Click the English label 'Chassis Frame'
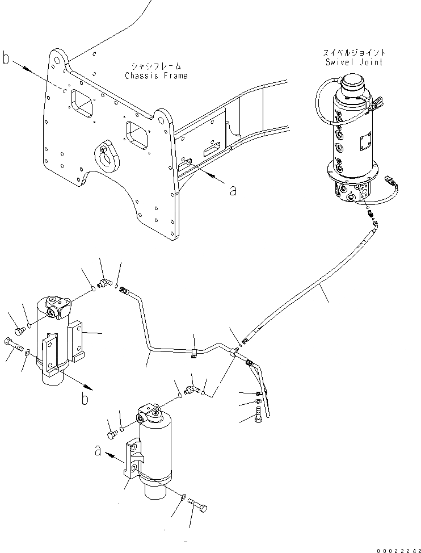(156, 76)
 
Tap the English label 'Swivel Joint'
(353, 62)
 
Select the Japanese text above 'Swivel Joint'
(353, 53)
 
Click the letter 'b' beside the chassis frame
(7, 58)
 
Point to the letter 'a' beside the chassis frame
(233, 190)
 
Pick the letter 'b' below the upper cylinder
(85, 399)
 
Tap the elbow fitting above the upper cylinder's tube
(105, 282)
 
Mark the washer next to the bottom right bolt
(182, 497)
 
